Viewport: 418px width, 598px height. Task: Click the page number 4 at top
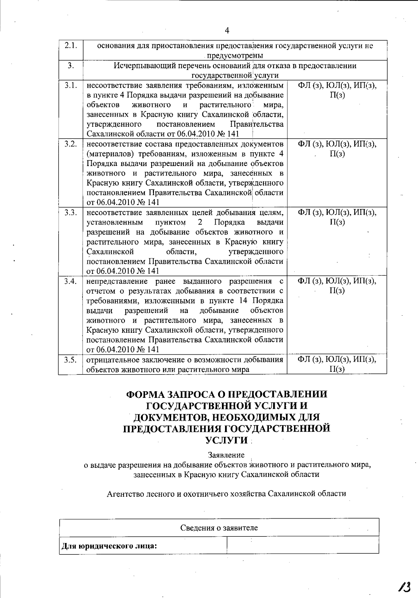[227, 31]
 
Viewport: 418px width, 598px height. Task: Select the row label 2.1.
[71, 46]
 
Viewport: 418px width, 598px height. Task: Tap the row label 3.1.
[71, 85]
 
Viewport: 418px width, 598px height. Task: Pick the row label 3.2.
[71, 144]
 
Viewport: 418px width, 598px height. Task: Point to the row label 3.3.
[71, 212]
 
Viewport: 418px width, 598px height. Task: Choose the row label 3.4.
[71, 281]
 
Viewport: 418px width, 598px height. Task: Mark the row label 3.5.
[71, 360]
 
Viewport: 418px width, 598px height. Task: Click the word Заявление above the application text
[226, 455]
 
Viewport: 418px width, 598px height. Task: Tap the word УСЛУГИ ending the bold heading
[227, 440]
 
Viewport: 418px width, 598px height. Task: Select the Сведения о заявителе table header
[219, 528]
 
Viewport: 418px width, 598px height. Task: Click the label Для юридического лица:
[109, 545]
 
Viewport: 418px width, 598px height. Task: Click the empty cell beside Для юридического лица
[302, 545]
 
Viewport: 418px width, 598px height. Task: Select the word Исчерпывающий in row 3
[138, 65]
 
